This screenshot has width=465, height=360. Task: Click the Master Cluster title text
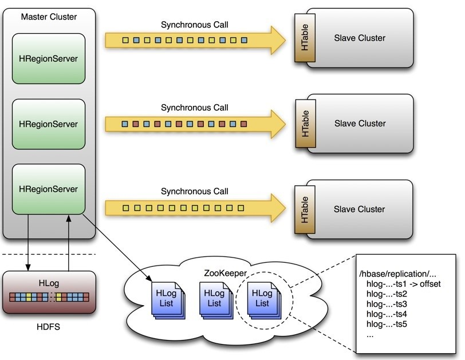tap(49, 17)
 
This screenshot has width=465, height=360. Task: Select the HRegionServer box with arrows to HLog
tap(49, 188)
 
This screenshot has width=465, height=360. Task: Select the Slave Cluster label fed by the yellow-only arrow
tap(360, 209)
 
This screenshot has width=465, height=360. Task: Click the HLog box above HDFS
tap(48, 291)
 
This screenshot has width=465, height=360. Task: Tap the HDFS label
tap(48, 327)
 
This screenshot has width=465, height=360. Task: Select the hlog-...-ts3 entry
tap(389, 303)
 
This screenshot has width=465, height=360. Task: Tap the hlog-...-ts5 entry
tap(389, 324)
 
